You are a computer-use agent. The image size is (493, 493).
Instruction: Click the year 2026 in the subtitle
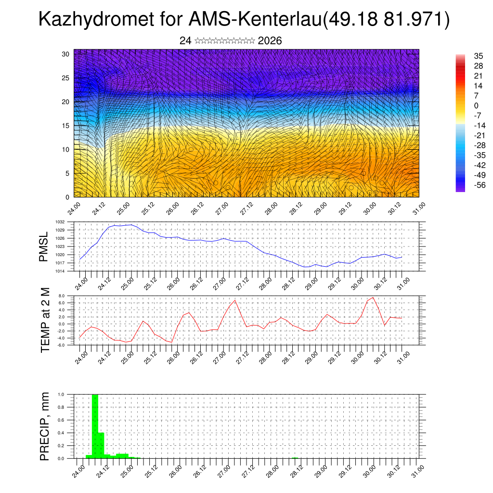(270, 41)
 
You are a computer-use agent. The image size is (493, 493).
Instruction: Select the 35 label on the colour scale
(479, 56)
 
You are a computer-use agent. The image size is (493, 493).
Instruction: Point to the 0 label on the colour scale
(476, 105)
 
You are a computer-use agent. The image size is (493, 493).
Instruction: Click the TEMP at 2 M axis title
(45, 320)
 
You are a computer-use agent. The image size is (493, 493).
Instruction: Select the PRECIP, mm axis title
(45, 426)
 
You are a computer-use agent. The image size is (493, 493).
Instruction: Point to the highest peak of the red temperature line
(373, 297)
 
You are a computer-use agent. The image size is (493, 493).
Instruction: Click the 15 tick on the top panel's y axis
(66, 125)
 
